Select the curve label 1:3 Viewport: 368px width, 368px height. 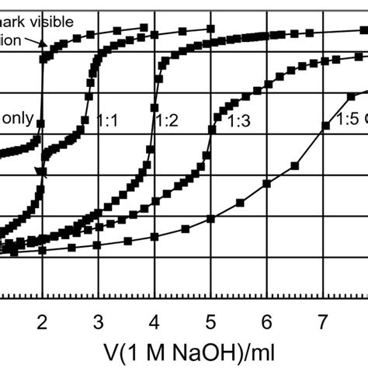pos(237,121)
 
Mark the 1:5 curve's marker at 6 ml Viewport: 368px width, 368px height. pos(267,183)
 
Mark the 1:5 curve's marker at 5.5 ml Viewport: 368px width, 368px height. pos(239,203)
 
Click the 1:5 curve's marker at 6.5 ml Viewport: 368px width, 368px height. pos(294,165)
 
